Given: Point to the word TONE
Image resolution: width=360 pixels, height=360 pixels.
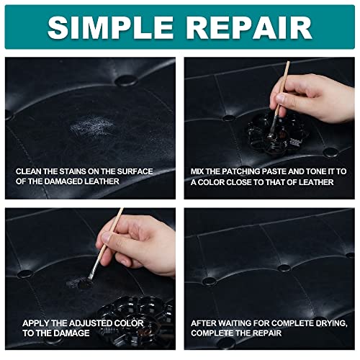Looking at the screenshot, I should tap(316, 171).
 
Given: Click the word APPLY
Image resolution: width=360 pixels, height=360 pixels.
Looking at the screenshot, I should tap(35, 323).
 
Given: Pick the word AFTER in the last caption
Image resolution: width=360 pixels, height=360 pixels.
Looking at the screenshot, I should tap(204, 323).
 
